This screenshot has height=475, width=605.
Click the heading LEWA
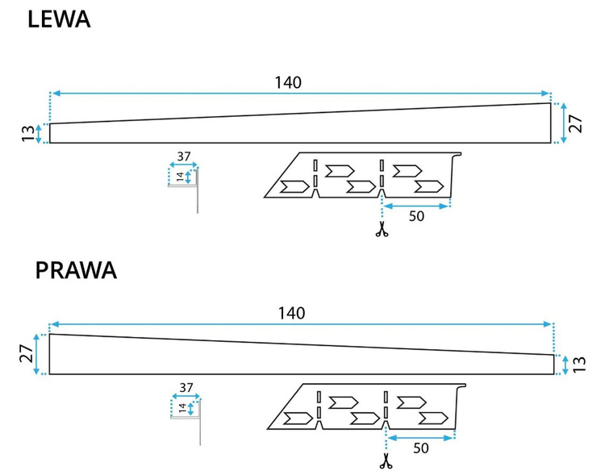(59, 19)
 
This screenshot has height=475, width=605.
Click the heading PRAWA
(77, 270)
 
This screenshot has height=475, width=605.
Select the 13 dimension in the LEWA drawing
(30, 133)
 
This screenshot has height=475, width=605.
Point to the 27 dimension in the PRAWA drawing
(29, 353)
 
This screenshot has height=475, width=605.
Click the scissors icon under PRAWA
(386, 462)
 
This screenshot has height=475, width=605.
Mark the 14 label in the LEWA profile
(180, 177)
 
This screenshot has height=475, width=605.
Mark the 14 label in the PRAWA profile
(182, 408)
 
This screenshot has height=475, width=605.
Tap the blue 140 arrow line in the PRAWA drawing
(161, 324)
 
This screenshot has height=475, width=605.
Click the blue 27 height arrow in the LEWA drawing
(564, 123)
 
